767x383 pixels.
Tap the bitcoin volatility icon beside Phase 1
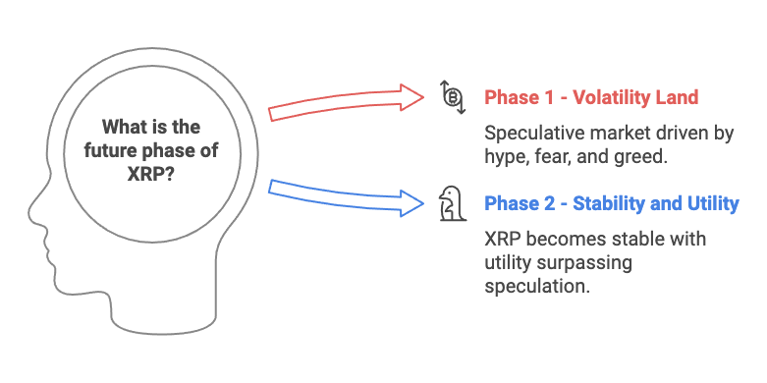452,97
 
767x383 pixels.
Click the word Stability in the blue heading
599,204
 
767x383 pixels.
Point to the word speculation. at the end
536,286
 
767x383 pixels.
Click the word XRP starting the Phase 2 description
506,240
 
